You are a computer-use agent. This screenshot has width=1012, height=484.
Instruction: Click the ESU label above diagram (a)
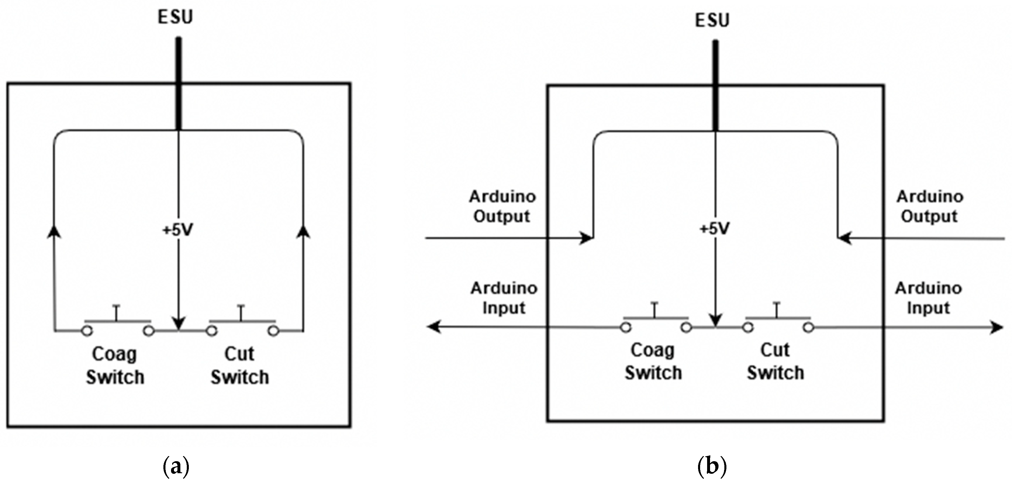[x=175, y=17]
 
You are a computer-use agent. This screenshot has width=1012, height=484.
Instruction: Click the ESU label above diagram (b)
[x=712, y=20]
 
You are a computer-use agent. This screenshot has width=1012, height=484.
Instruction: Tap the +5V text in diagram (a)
[x=177, y=231]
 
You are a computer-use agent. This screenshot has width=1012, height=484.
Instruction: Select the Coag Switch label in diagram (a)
[x=115, y=365]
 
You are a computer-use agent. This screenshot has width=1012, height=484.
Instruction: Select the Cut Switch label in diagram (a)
[x=240, y=365]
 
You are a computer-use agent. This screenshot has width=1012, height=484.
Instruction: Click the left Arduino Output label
[x=502, y=206]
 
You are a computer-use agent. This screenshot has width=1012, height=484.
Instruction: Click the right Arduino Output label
[x=930, y=206]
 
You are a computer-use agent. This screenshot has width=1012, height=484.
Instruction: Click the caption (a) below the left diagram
[x=176, y=467]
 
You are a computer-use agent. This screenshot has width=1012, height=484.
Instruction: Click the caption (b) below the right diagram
[x=712, y=467]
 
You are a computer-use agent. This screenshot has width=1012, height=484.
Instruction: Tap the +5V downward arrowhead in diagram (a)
[x=178, y=324]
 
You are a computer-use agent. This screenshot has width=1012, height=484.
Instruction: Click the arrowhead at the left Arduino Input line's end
[x=433, y=327]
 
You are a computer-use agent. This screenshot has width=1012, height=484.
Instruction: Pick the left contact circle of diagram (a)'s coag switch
[x=87, y=331]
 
